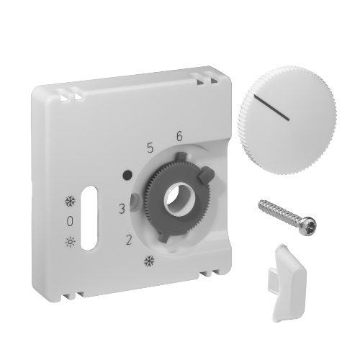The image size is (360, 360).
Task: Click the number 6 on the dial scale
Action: (x=179, y=136)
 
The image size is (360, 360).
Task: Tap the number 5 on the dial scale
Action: (x=150, y=148)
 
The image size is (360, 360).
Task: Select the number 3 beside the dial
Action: (x=122, y=209)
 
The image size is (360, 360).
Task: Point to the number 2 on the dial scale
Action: (x=129, y=240)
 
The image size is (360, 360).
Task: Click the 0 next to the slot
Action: (x=70, y=221)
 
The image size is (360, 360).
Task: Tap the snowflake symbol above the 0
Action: (x=71, y=202)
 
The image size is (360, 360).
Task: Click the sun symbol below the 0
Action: (x=71, y=242)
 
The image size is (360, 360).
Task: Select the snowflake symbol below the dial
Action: (x=149, y=261)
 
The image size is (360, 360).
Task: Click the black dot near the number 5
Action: (x=127, y=174)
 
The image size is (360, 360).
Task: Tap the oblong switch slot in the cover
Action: (x=89, y=218)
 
